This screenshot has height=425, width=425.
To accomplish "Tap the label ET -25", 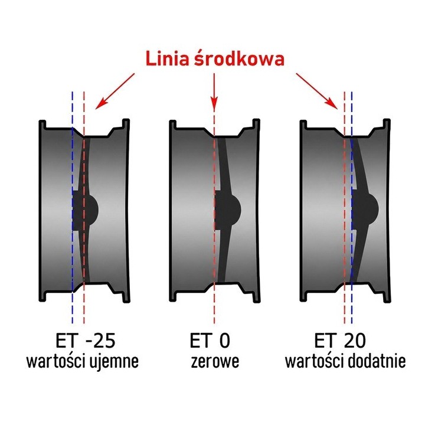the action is pos(86,341).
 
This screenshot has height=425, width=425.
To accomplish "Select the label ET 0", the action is pos(210,341).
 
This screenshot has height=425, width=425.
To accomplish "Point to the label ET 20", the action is pos(340,341).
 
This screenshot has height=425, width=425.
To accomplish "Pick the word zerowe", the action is pos(215,361).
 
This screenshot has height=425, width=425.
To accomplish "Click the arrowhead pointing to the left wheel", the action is pos(100,104).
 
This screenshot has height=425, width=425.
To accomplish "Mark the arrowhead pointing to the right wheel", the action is pos(333,104).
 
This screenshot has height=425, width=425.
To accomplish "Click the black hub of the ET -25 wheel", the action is pos(84,210).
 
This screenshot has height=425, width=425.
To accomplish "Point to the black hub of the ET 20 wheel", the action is pos(365,209).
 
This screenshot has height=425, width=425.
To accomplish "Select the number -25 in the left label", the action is pos(100,341).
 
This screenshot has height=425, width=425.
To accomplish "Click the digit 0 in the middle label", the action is pos(224,341).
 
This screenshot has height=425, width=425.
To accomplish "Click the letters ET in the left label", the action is pos(65,341).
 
